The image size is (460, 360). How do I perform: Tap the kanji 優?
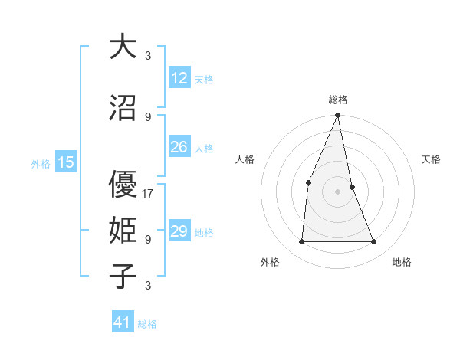[x=123, y=185]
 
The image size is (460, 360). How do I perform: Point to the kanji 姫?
[x=123, y=230]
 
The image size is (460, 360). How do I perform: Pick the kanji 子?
[x=123, y=276]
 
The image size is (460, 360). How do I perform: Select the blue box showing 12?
[x=179, y=79]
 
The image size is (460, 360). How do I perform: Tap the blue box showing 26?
[x=179, y=148]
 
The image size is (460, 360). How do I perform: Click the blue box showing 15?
[x=66, y=162]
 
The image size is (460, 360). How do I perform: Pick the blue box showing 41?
[x=123, y=322]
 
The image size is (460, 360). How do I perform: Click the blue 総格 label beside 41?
[x=147, y=324]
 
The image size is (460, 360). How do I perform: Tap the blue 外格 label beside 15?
[x=41, y=163]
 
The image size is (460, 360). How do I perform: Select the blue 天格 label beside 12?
[x=204, y=80]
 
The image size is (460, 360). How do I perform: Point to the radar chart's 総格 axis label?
[x=338, y=100]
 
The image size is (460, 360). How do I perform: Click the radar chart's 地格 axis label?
[x=402, y=262]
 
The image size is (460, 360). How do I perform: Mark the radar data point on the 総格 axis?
[x=338, y=116]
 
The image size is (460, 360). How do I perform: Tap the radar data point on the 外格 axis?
[x=301, y=242]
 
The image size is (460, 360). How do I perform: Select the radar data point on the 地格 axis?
[x=374, y=242]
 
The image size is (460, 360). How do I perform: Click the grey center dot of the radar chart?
[x=338, y=191]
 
